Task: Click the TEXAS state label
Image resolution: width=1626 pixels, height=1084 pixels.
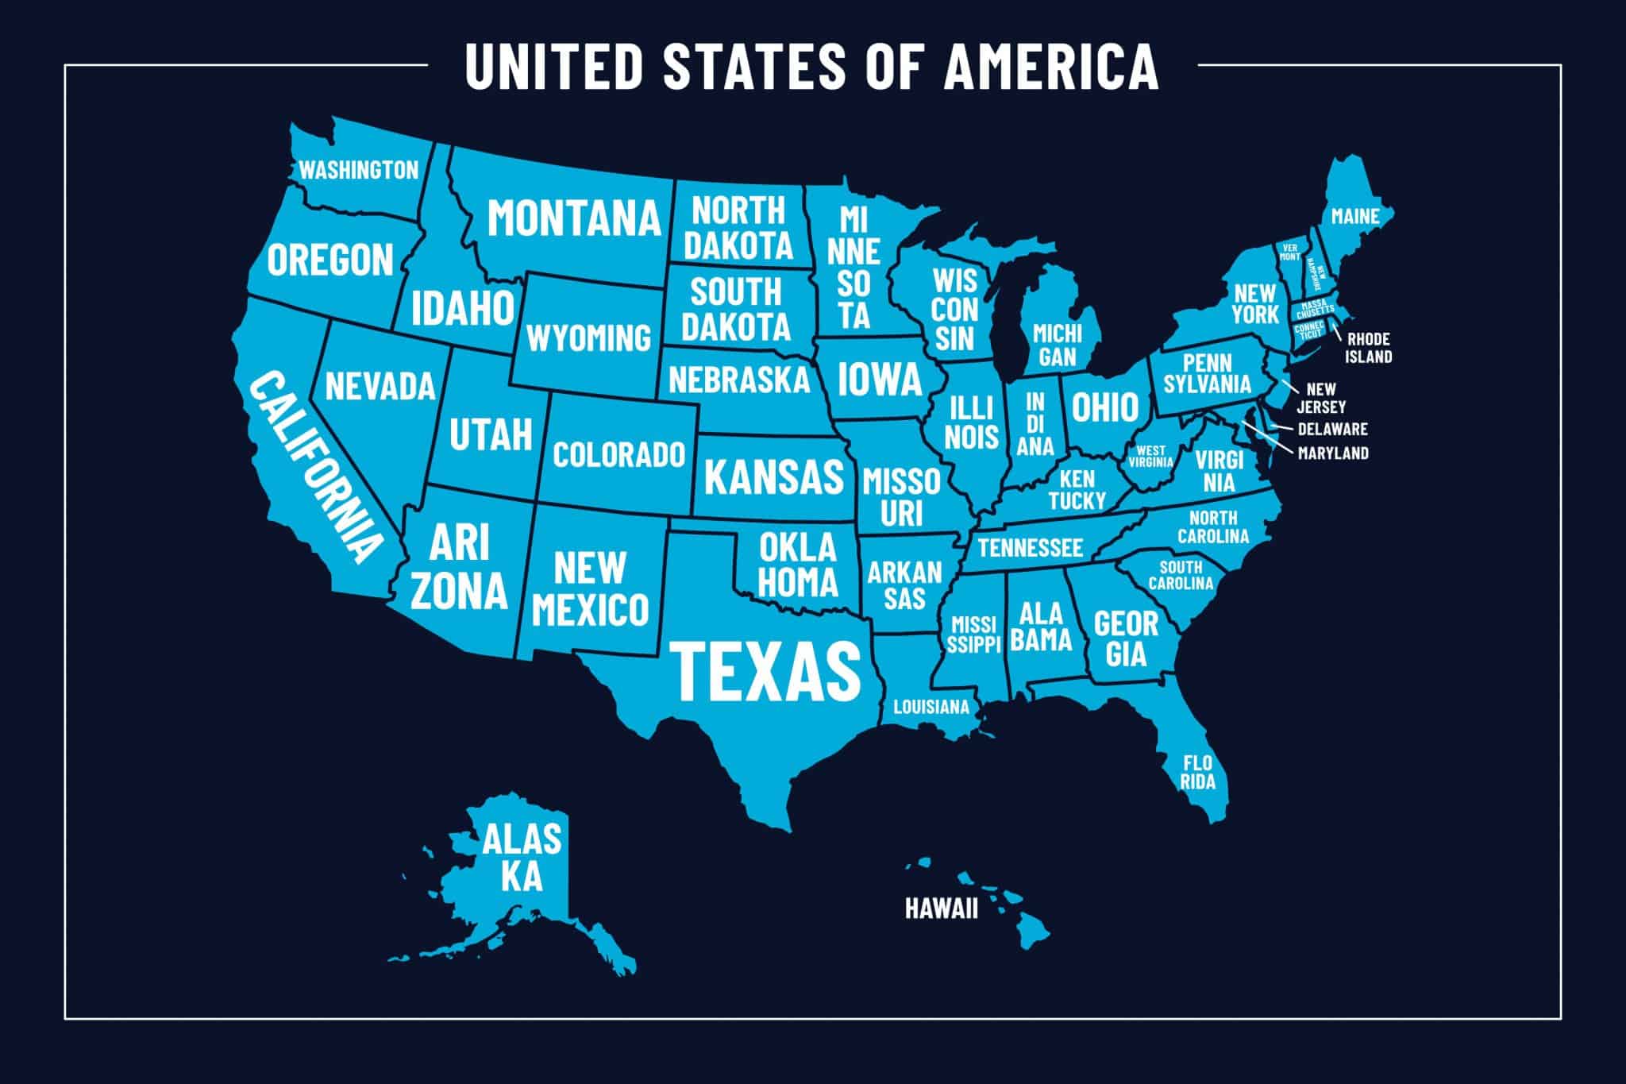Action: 767,671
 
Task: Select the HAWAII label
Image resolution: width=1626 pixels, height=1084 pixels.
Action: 941,908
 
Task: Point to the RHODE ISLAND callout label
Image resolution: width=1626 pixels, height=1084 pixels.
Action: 1368,348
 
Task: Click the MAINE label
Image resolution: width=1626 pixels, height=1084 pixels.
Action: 1354,215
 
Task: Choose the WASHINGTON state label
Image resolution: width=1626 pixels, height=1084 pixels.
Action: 358,170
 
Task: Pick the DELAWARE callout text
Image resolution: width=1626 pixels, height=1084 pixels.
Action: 1332,429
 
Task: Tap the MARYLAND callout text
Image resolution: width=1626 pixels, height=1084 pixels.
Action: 1332,453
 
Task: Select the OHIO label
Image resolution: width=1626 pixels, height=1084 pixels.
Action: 1105,407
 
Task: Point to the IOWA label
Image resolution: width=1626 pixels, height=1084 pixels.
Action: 879,379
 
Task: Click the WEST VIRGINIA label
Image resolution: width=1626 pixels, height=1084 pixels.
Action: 1150,456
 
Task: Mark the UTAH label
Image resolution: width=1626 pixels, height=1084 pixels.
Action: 490,434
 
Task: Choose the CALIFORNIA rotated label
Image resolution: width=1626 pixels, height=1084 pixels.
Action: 314,469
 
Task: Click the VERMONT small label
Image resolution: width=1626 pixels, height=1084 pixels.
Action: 1289,253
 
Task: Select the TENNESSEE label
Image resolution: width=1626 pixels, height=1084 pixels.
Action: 1030,547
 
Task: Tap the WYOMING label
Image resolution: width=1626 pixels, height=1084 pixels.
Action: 588,338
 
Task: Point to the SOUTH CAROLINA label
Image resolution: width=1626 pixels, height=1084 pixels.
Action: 1181,575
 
